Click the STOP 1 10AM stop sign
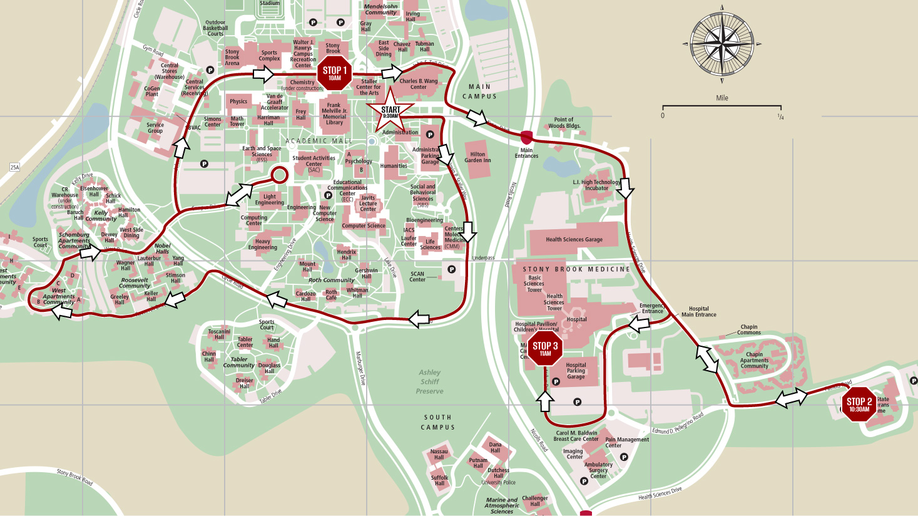coord(335,73)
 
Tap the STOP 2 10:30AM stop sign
coord(859,405)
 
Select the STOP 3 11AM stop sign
coord(545,349)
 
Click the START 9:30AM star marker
coord(390,111)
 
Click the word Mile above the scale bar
coord(722,98)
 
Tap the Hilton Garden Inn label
coord(477,157)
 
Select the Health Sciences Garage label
coord(574,239)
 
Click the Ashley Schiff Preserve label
coord(430,381)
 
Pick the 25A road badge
coord(14,167)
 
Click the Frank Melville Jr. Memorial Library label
coord(334,114)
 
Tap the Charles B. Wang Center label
coord(419,84)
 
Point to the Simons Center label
coord(212,121)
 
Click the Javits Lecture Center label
coord(368,204)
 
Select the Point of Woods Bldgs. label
coord(563,123)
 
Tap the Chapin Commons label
coord(749,329)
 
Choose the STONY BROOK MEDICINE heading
coord(576,269)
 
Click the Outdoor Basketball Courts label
coord(215,28)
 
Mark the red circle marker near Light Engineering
coord(279,175)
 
